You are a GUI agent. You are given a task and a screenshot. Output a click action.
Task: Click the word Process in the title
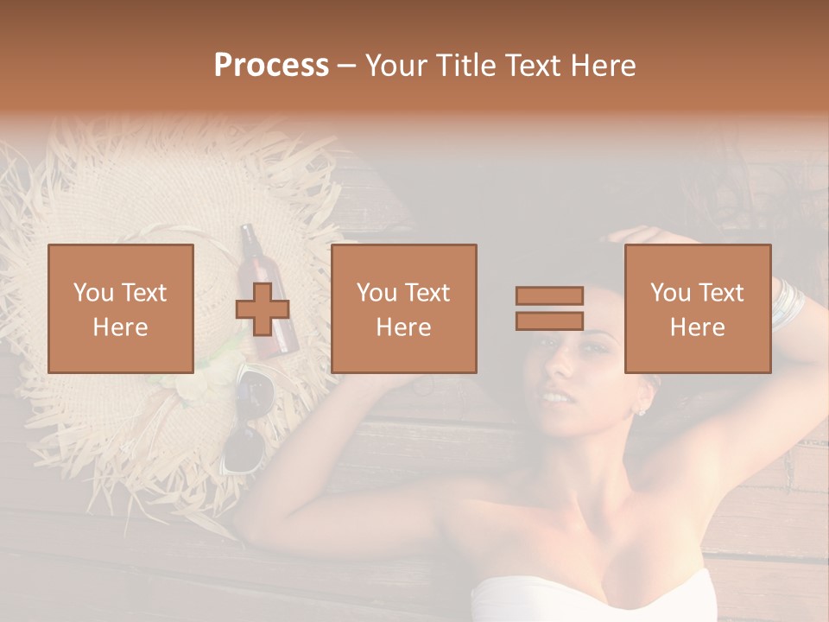(x=271, y=66)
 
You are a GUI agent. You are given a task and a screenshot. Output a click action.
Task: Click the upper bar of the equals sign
(x=549, y=295)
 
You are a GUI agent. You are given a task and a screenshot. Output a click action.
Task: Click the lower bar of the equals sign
(x=549, y=321)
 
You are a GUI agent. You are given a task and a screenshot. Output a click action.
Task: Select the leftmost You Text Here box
(x=121, y=308)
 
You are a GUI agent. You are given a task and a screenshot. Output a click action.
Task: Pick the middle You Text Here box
(x=403, y=308)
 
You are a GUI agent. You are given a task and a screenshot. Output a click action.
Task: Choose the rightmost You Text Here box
(x=697, y=308)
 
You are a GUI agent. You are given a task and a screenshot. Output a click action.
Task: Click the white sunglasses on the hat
(x=245, y=423)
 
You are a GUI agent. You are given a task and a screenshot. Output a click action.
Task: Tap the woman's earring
(x=641, y=410)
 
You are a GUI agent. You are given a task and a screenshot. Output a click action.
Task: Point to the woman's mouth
(x=555, y=399)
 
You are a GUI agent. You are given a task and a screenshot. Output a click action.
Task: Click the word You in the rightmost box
(x=670, y=293)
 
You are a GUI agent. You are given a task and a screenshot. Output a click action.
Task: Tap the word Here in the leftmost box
(x=121, y=327)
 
